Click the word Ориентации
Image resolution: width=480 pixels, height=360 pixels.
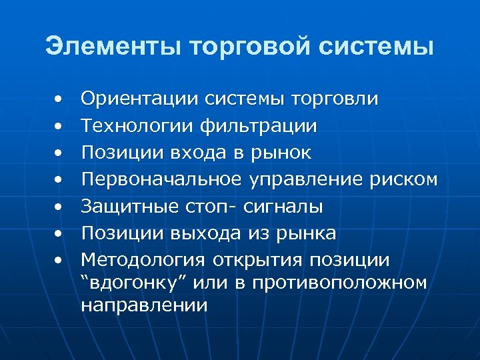click(140, 99)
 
